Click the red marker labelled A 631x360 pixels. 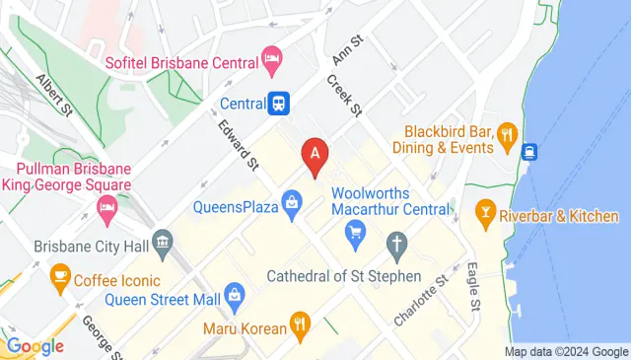pyautogui.click(x=315, y=156)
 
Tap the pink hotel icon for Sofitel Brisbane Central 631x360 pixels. pyautogui.click(x=272, y=62)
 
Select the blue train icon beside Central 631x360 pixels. pyautogui.click(x=280, y=103)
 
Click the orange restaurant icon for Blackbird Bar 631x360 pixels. pyautogui.click(x=507, y=133)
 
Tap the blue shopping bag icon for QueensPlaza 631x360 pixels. pyautogui.click(x=292, y=206)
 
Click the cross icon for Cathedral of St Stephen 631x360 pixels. pyautogui.click(x=396, y=243)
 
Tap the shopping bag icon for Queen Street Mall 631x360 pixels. pyautogui.click(x=235, y=293)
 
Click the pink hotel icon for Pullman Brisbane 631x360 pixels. pyautogui.click(x=106, y=207)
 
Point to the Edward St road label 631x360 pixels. pyautogui.click(x=239, y=144)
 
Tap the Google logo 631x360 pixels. pyautogui.click(x=35, y=346)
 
